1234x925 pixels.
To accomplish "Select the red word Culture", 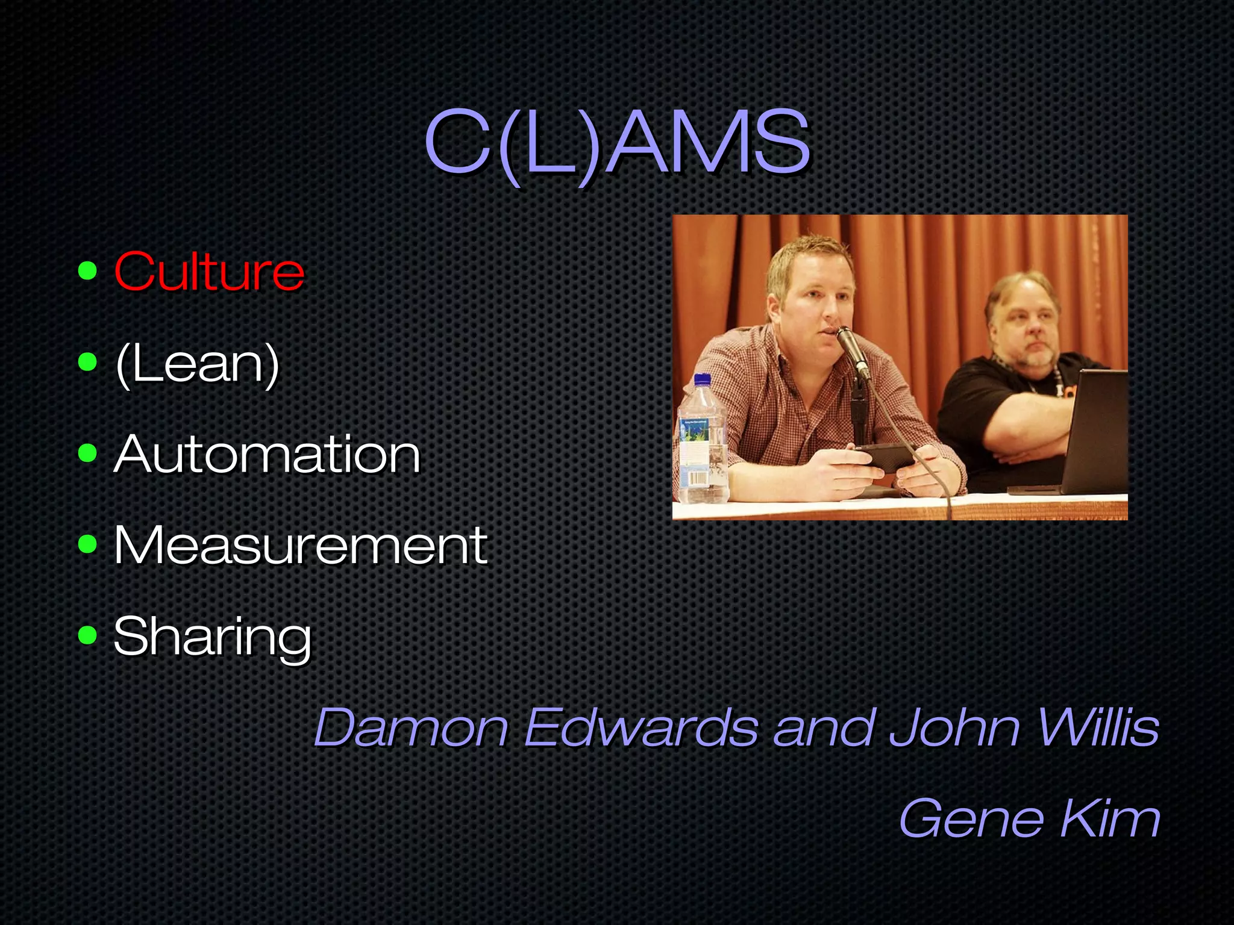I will click(209, 272).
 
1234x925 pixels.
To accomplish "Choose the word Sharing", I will click(212, 637).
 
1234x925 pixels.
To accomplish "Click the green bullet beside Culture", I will click(87, 272).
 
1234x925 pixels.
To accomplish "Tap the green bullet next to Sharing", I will click(87, 635).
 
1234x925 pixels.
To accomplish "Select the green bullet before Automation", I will click(87, 453).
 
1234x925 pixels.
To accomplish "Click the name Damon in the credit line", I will click(411, 727).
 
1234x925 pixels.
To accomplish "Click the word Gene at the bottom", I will click(971, 818).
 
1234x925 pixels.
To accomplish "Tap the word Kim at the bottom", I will click(1110, 818).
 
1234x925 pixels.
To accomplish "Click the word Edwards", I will click(641, 727).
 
